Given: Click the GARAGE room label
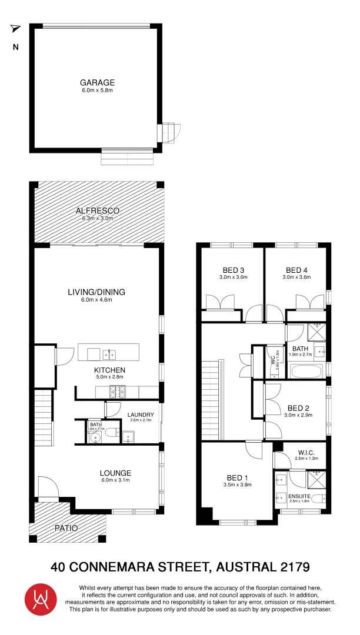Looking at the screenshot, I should tap(97, 83).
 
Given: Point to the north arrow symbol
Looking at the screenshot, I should tap(15, 29).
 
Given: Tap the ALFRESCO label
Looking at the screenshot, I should tap(97, 210).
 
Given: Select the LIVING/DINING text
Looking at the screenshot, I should tap(97, 292).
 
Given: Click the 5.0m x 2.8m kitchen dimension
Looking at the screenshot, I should tap(109, 378).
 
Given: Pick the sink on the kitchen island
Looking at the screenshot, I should tap(109, 354).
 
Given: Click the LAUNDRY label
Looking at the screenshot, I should tap(141, 415).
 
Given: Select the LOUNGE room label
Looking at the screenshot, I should tap(115, 473).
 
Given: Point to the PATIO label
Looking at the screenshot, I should tap(66, 528).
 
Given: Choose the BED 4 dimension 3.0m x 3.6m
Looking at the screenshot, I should tap(296, 277).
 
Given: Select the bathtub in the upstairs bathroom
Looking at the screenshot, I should tap(306, 371).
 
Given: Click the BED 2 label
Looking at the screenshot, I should tap(298, 408).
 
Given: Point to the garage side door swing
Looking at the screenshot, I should tap(171, 133).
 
